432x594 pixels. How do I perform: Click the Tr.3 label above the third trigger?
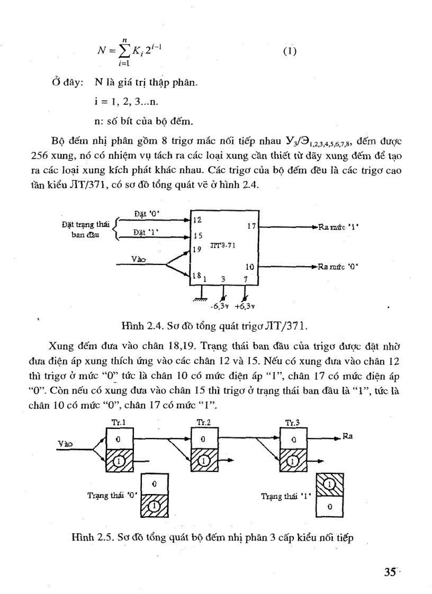click(292, 422)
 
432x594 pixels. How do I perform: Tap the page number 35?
click(391, 573)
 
